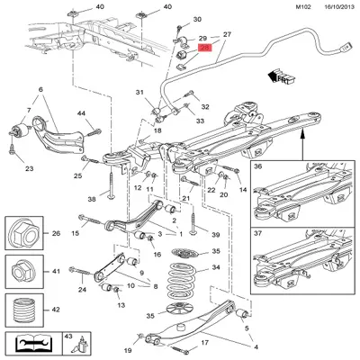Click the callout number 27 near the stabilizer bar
[x=228, y=34]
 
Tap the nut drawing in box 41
[x=22, y=270]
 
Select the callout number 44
[x=80, y=112]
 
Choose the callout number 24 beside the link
[x=82, y=290]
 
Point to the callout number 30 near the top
[x=197, y=19]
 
